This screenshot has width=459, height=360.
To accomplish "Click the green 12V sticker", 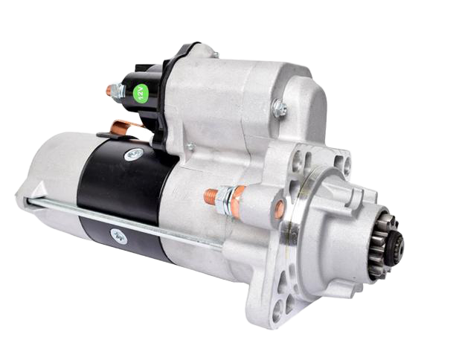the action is pyautogui.click(x=141, y=93).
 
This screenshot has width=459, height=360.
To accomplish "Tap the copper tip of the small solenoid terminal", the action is pyautogui.click(x=109, y=90).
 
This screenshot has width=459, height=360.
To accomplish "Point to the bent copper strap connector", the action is pyautogui.click(x=123, y=128).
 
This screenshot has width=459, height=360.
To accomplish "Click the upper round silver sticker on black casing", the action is pyautogui.click(x=134, y=154).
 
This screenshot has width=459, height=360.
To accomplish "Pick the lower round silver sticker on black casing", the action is pyautogui.click(x=119, y=236).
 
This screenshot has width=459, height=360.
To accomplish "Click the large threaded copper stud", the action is pyautogui.click(x=211, y=196).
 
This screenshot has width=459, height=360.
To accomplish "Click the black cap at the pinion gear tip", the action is pyautogui.click(x=397, y=245).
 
